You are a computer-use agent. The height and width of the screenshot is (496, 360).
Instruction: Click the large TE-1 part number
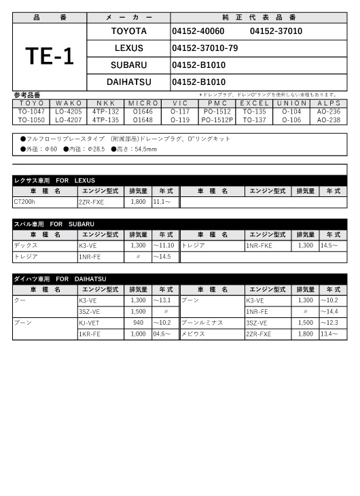pyautogui.click(x=50, y=56)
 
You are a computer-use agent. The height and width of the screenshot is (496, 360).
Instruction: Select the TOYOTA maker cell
pyautogui.click(x=128, y=31)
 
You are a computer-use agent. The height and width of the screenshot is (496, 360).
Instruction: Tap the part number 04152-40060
pyautogui.click(x=198, y=31)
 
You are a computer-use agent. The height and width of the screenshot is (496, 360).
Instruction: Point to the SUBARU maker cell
pyautogui.click(x=128, y=65)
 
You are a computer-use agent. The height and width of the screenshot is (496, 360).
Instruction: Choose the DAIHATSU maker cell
pyautogui.click(x=128, y=82)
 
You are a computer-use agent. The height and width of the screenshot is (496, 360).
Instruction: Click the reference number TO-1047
pyautogui.click(x=31, y=111)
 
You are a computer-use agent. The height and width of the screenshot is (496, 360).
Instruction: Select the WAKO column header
pyautogui.click(x=69, y=103)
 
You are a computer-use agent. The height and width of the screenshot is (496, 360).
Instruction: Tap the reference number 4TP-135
pyautogui.click(x=105, y=120)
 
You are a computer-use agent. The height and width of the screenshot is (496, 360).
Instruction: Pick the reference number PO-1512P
pyautogui.click(x=217, y=120)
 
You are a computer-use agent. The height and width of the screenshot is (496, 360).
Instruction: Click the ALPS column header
pyautogui.click(x=329, y=103)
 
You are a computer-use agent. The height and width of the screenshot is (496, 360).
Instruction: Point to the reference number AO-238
pyautogui.click(x=329, y=120)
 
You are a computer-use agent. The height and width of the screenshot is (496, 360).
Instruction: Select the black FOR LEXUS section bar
pyautogui.click(x=180, y=180)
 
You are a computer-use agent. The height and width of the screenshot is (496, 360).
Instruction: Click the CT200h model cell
pyautogui.click(x=26, y=202)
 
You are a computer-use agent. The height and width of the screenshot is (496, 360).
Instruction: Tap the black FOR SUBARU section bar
pyautogui.click(x=180, y=224)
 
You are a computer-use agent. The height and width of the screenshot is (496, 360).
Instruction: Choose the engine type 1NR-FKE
pyautogui.click(x=259, y=246)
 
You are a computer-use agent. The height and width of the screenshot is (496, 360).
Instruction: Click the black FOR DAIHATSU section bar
pyautogui.click(x=180, y=279)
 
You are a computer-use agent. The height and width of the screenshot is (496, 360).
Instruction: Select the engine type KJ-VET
pyautogui.click(x=90, y=323)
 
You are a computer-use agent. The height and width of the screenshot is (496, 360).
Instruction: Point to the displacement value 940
pyautogui.click(x=139, y=323)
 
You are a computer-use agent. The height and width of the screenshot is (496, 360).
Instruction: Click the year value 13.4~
pyautogui.click(x=329, y=334)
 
